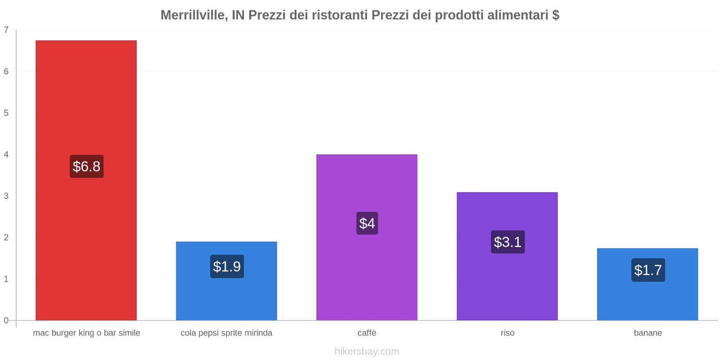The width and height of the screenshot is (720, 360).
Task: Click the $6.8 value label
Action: click(86, 166)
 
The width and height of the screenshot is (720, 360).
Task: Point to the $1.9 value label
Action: click(227, 266)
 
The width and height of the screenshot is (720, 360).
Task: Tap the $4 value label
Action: click(367, 223)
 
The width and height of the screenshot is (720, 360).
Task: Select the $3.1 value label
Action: click(508, 242)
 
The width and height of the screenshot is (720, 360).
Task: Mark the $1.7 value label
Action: click(648, 270)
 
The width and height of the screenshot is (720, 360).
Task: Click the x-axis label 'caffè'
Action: click(367, 333)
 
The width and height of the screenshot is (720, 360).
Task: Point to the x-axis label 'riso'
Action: click(507, 333)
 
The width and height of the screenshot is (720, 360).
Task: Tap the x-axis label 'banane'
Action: click(648, 333)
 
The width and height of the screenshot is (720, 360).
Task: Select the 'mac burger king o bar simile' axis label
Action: click(86, 333)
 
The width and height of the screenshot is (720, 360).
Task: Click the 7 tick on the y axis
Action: click(6, 30)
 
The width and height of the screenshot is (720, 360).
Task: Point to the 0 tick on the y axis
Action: click(6, 320)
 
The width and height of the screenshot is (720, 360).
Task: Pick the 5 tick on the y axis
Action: click(6, 113)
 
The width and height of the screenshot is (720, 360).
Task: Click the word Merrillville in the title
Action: click(193, 15)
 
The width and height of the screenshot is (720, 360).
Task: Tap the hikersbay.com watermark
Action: click(367, 351)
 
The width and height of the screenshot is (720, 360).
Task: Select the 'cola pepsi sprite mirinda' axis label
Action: click(226, 333)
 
